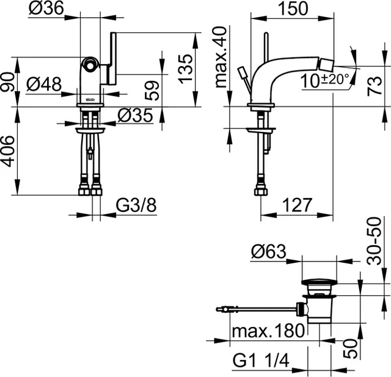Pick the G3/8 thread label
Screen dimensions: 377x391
click(x=136, y=206)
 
